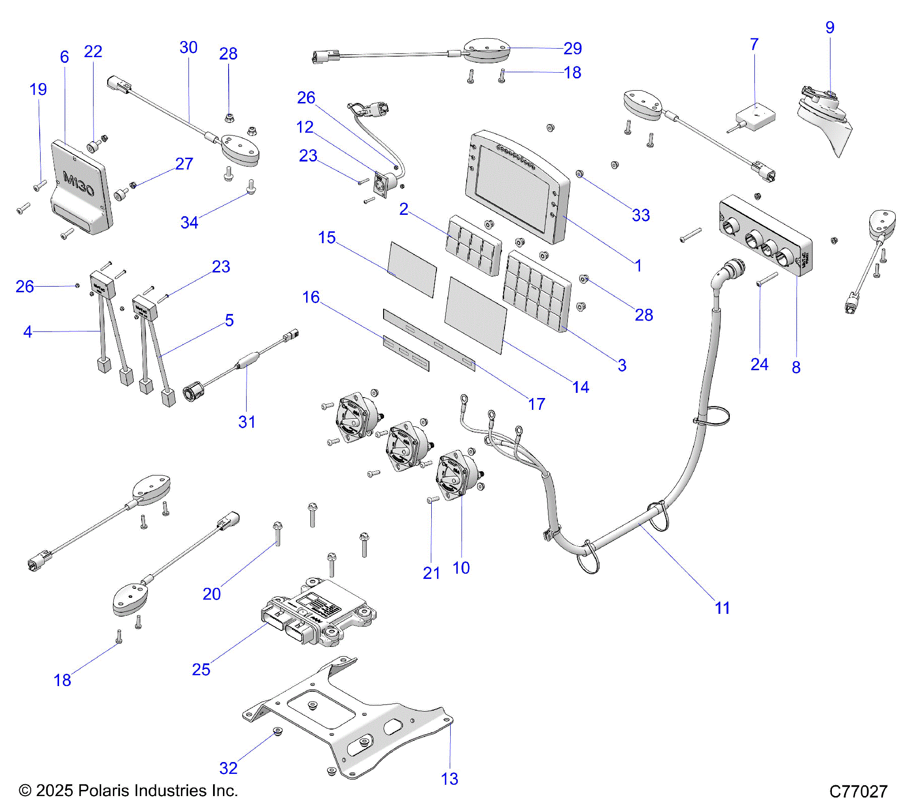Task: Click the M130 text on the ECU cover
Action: [x=78, y=184]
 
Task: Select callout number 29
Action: [x=573, y=48]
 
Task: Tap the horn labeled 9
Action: [x=824, y=118]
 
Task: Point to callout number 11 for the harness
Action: [x=722, y=608]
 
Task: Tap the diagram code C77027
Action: [x=858, y=791]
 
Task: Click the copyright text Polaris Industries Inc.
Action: [x=128, y=790]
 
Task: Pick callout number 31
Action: [x=247, y=422]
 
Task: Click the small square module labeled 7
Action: [x=756, y=117]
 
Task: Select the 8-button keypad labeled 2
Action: [x=473, y=246]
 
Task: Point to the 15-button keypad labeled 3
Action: [x=537, y=291]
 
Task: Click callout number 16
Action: [x=311, y=297]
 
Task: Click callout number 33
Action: [x=641, y=215]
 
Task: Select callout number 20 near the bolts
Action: [x=212, y=594]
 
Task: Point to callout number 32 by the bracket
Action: [x=228, y=768]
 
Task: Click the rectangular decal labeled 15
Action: [x=412, y=269]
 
